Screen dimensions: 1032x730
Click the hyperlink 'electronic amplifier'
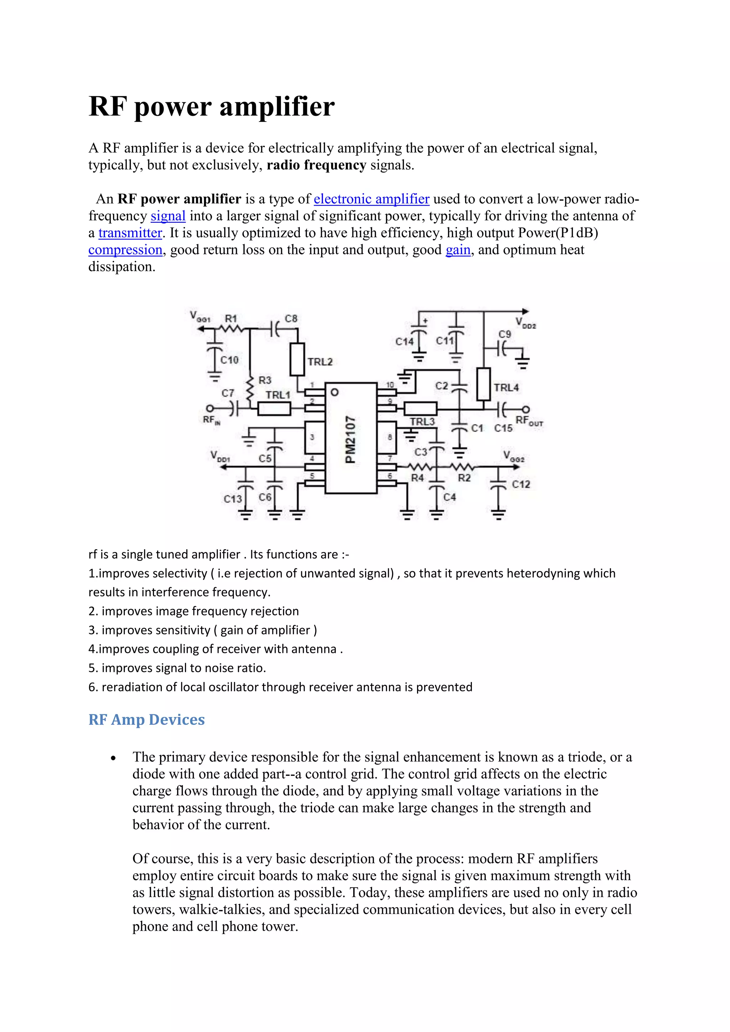[371, 199]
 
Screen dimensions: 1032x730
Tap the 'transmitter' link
[130, 233]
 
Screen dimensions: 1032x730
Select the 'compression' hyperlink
[125, 250]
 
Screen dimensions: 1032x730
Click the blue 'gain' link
[458, 250]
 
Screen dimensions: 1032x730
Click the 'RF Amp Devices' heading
[146, 719]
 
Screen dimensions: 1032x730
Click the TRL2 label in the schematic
[320, 362]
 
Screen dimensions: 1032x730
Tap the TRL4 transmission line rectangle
[483, 384]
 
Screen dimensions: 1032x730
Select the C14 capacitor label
[404, 342]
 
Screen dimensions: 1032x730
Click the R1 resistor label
[231, 318]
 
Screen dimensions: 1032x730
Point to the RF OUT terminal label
[529, 421]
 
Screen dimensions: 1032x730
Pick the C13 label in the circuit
[232, 499]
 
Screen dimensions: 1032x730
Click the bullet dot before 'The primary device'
[113, 758]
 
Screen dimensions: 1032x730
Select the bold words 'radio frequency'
[317, 165]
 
